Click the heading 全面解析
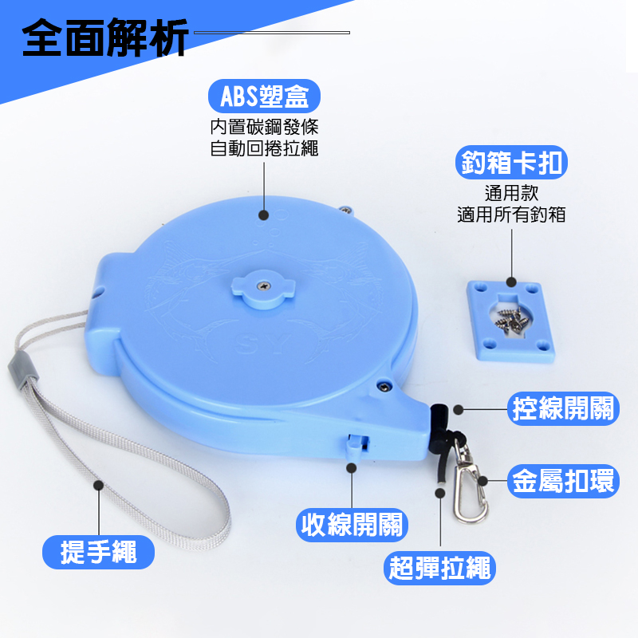click(104, 37)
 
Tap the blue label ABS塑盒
click(264, 96)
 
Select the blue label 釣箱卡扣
click(511, 163)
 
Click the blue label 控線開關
click(563, 408)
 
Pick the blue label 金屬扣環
click(563, 482)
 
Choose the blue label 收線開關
click(352, 525)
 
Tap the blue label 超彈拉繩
click(439, 568)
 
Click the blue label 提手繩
click(98, 552)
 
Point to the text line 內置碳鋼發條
click(264, 127)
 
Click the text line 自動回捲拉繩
click(264, 148)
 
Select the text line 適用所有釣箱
click(511, 215)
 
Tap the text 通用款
click(511, 193)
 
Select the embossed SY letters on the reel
click(263, 344)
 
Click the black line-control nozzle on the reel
click(439, 426)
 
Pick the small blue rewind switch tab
click(354, 447)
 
